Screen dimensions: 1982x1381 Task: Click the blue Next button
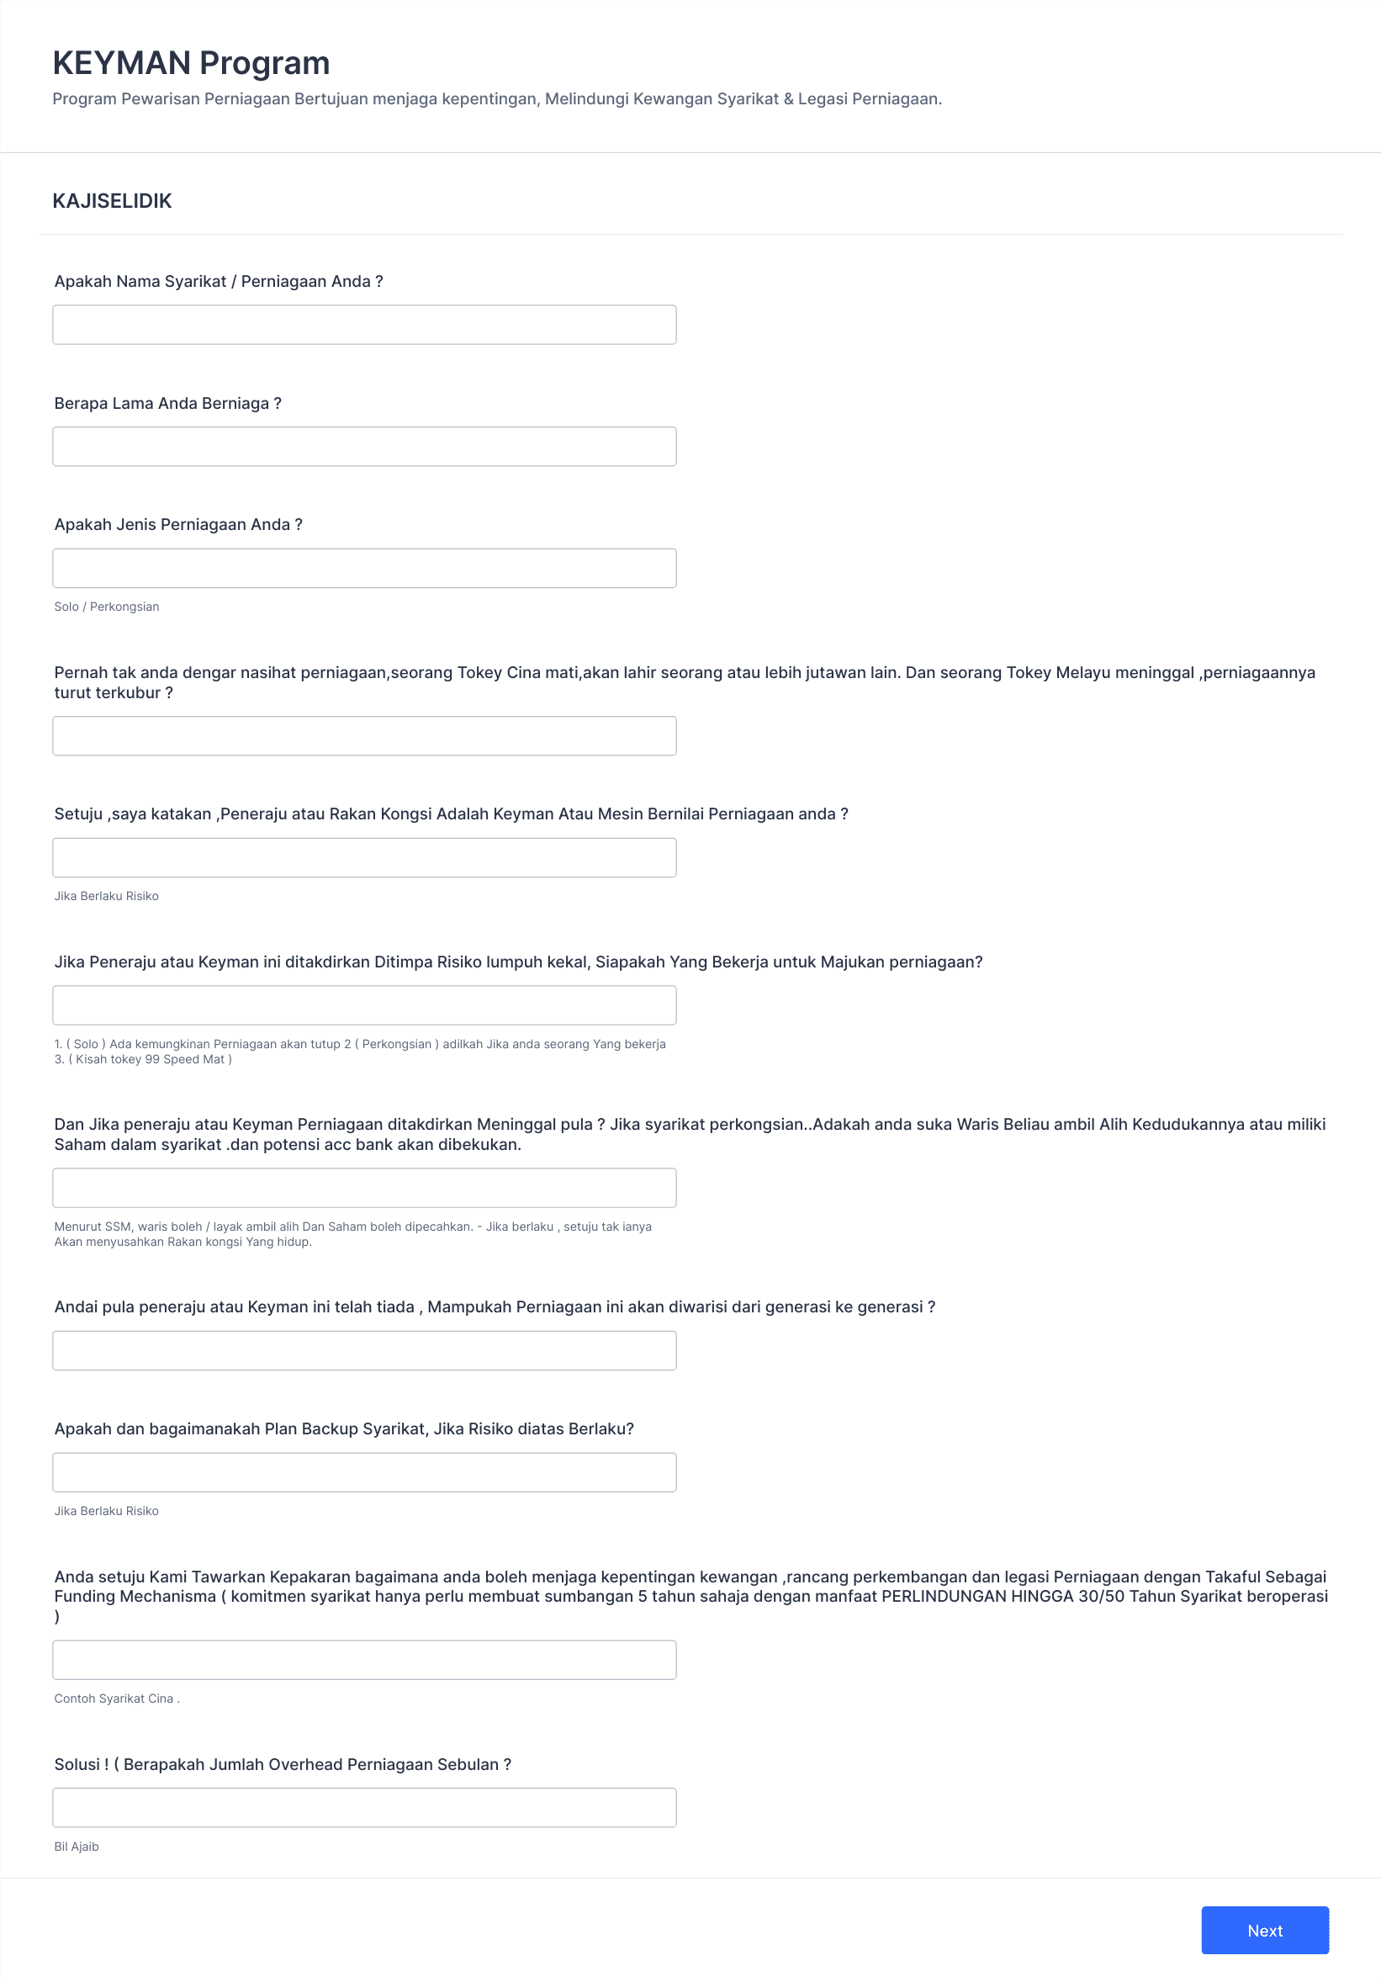[x=1263, y=1930]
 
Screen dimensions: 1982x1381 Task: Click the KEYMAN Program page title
[x=191, y=63]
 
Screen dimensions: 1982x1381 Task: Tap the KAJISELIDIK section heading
[x=112, y=201]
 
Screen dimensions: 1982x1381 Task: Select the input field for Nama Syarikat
[x=363, y=325]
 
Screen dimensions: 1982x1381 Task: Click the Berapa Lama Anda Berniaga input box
[x=363, y=447]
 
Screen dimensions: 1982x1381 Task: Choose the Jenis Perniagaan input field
[x=363, y=568]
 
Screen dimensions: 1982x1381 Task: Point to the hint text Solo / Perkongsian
[x=106, y=607]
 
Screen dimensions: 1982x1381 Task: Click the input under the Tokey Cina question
[x=363, y=735]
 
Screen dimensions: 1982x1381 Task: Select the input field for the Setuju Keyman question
[x=363, y=857]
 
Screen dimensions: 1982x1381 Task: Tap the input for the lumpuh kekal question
[x=363, y=1004]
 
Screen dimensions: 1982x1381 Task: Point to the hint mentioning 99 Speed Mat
[x=143, y=1059]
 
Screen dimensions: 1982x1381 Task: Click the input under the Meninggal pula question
[x=363, y=1188]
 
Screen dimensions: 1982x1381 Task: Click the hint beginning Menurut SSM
[x=352, y=1227]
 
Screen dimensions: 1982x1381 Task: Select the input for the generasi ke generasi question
[x=363, y=1350]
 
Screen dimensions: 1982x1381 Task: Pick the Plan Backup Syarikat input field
[x=363, y=1472]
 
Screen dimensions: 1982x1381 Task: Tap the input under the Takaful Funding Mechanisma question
[x=363, y=1659]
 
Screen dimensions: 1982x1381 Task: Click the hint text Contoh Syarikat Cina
[x=117, y=1698]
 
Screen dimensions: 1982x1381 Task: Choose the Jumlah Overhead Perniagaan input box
[x=363, y=1807]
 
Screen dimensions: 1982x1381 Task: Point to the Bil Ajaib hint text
[x=77, y=1847]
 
